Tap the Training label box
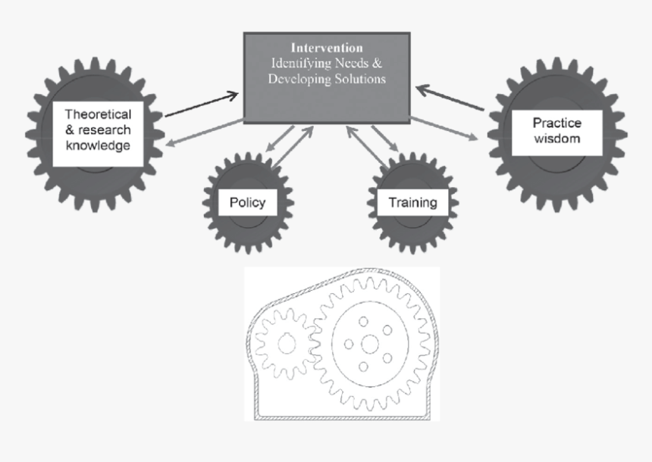(x=412, y=202)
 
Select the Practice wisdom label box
(x=556, y=133)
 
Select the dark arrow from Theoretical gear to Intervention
(x=202, y=105)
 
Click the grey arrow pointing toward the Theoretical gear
(x=202, y=132)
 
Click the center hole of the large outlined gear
(x=369, y=344)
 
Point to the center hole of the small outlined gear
(x=286, y=344)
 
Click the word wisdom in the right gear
(x=556, y=139)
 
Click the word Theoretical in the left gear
(x=98, y=114)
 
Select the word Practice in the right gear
(x=556, y=123)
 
